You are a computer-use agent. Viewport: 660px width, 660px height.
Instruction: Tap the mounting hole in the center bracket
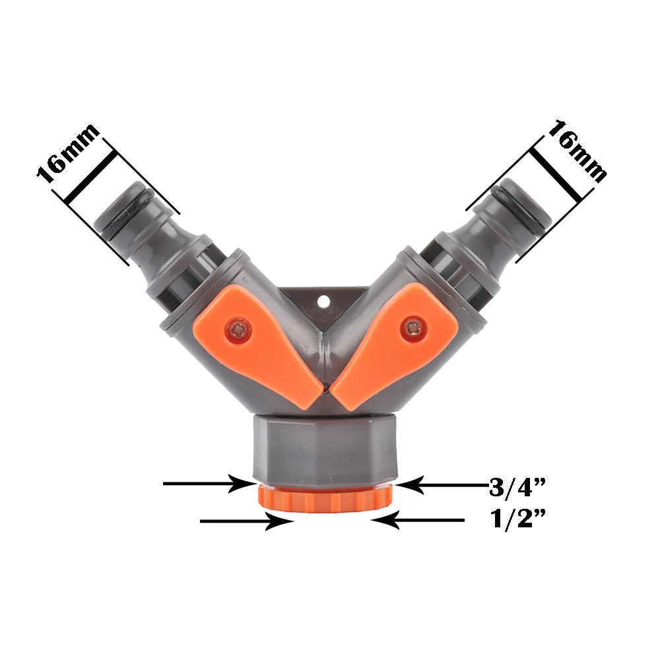click(x=323, y=301)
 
